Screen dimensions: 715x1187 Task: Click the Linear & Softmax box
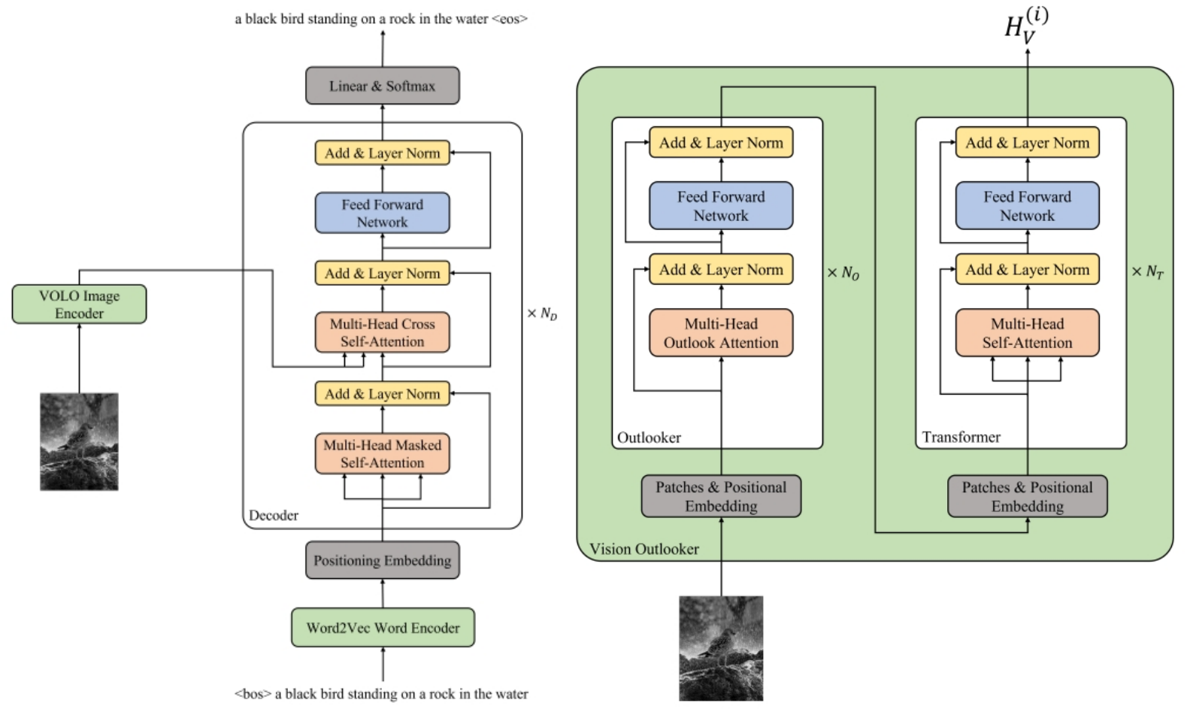382,86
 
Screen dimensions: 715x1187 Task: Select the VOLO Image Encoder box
79,304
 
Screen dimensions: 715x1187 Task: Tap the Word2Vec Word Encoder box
383,628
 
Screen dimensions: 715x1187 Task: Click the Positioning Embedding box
382,560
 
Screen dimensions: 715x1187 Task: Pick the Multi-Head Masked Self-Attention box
382,453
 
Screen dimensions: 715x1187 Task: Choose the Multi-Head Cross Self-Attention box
382,332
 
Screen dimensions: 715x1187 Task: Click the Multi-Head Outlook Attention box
721,333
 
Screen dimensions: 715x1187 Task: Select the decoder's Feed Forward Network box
382,213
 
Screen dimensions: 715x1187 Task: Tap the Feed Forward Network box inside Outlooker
721,205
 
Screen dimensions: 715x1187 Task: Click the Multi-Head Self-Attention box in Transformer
1027,333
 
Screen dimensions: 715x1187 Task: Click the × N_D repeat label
542,314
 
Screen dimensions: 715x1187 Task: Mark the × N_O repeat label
843,273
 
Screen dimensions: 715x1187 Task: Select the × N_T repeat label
1147,272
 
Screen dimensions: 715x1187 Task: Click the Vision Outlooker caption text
643,549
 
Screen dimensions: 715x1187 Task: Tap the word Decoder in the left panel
274,515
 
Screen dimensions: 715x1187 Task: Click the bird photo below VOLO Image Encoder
79,441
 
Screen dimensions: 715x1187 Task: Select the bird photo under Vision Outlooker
721,648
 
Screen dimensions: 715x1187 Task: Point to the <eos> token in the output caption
510,19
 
